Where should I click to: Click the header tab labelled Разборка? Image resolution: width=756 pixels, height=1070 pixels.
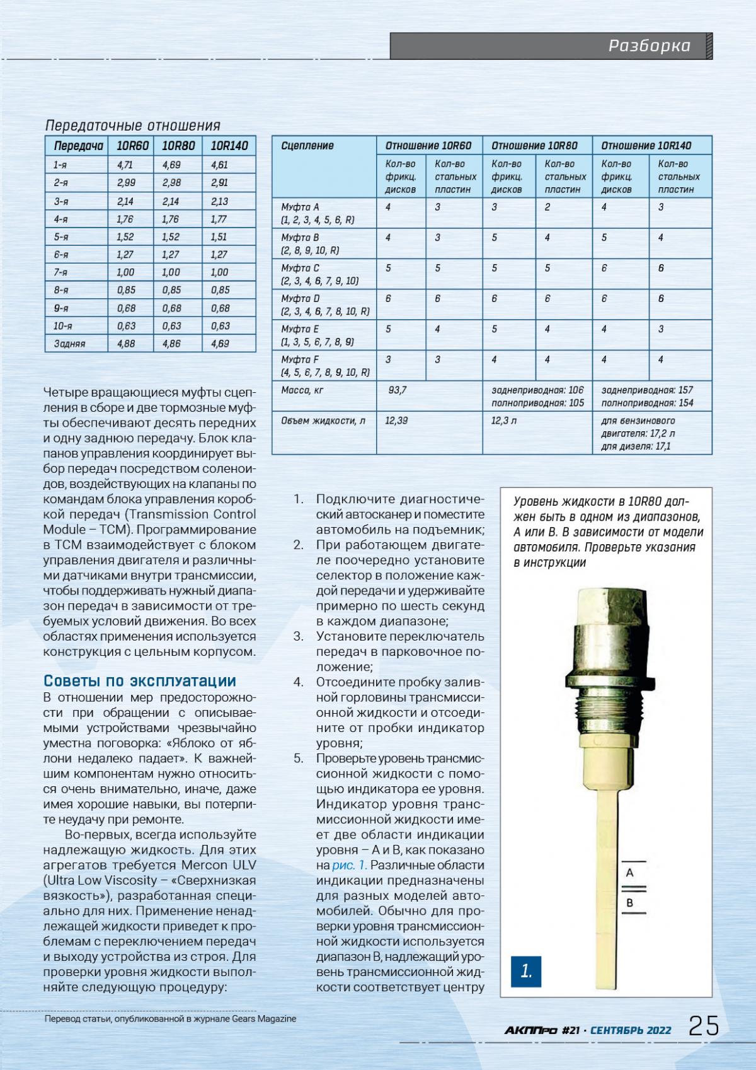pos(649,46)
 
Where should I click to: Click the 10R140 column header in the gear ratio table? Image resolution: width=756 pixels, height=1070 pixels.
pos(229,146)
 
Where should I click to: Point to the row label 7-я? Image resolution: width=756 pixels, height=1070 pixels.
pos(61,272)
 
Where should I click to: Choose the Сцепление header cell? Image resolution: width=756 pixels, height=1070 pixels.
pos(307,146)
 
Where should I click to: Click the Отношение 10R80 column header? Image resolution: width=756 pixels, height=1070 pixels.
pos(534,146)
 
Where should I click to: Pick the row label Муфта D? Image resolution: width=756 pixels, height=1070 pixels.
pos(301,298)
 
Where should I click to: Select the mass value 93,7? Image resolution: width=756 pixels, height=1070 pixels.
pos(398,390)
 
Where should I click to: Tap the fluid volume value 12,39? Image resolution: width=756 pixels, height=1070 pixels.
pos(397,421)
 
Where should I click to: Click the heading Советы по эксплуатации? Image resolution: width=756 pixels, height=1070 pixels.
pos(140,681)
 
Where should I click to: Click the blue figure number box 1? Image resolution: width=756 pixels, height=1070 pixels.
pos(526,972)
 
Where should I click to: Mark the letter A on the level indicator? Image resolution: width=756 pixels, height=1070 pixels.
pos(629,873)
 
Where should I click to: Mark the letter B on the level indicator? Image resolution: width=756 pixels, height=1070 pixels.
pos(629,903)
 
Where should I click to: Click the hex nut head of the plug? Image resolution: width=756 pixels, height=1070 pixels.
pos(610,606)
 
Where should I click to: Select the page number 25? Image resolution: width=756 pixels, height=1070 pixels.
pos(704,1026)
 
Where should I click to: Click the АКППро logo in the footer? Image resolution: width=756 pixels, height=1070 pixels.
pos(530,1030)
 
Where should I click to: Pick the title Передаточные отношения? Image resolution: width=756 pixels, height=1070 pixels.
pos(134,125)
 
